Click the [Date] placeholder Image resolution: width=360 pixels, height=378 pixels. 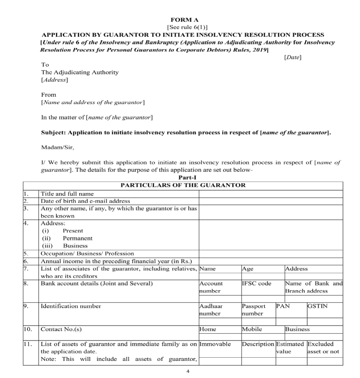[x=292, y=57]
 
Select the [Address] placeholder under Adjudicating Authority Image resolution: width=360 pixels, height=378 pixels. [x=54, y=79]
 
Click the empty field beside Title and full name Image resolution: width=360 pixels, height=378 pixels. [x=271, y=194]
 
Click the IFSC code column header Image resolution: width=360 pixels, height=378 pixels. [x=257, y=284]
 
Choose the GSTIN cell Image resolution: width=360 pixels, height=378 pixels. [x=317, y=306]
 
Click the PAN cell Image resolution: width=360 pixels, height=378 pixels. [x=283, y=306]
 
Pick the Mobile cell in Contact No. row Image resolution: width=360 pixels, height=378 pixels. [x=252, y=329]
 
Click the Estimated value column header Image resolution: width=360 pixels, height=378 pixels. [x=290, y=347]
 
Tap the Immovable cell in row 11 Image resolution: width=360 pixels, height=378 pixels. [x=215, y=344]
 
